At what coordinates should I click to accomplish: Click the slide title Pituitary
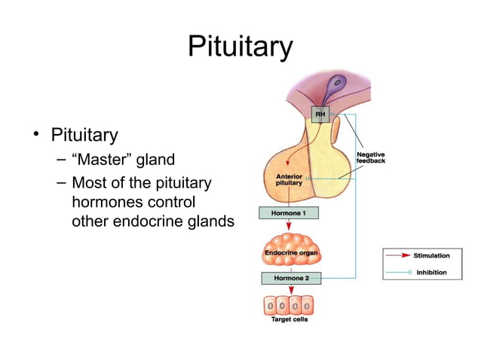pos(240,47)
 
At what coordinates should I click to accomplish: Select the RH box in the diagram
pos(320,114)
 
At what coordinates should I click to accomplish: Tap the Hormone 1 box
pos(289,213)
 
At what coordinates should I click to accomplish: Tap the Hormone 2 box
pos(290,278)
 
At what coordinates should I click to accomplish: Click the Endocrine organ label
pos(290,253)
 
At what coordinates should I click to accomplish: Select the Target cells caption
pos(290,320)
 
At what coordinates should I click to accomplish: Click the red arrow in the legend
pos(400,256)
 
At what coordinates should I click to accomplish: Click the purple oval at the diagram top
pos(336,83)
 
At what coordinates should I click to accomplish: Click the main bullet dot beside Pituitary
pos(35,136)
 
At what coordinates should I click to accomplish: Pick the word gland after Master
pos(155,160)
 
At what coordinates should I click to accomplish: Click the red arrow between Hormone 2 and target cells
pos(289,290)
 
